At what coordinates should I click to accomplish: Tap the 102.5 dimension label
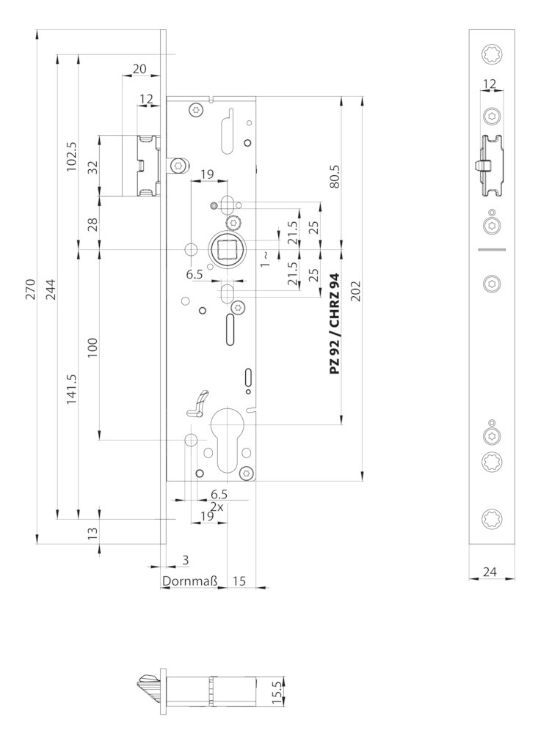(71, 156)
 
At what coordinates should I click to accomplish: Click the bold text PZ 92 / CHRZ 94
(335, 323)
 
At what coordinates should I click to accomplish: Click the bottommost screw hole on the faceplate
(492, 518)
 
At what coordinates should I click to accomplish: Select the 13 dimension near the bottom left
(92, 531)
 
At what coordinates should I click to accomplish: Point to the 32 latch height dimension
(92, 166)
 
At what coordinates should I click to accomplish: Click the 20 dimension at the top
(139, 69)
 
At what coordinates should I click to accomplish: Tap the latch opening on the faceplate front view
(490, 166)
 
